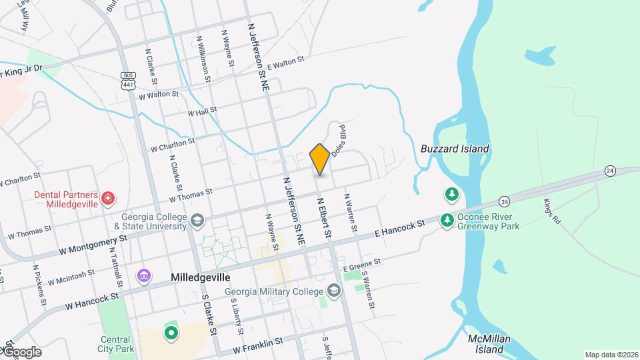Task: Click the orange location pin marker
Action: pos(319,159)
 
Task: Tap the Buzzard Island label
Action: pos(455,149)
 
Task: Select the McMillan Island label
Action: pos(489,344)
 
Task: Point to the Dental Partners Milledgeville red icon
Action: pos(107,198)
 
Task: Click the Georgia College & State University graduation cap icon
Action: pos(197,221)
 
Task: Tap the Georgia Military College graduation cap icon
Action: pos(333,291)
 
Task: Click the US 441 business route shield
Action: pos(128,81)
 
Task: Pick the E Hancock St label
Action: pos(399,229)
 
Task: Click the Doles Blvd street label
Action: pos(337,139)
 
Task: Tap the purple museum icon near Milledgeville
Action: pos(143,276)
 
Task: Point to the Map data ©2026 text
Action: pos(611,355)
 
